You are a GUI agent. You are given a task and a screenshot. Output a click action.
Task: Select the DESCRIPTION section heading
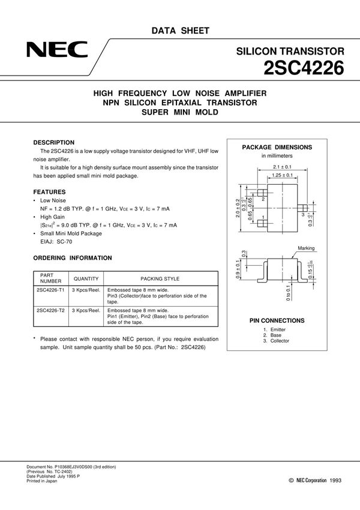pyautogui.click(x=53, y=142)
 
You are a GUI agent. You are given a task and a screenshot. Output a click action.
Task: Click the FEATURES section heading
pyautogui.click(x=49, y=192)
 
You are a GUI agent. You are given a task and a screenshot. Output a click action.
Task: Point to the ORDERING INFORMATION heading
pyautogui.click(x=72, y=258)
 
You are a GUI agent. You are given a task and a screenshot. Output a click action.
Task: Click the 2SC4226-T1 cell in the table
pyautogui.click(x=51, y=289)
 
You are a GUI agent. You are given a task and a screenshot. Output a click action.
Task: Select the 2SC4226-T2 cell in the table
pyautogui.click(x=51, y=310)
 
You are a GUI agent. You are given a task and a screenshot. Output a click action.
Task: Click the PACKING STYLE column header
pyautogui.click(x=160, y=278)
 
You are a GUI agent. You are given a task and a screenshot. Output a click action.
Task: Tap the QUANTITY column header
pyautogui.click(x=86, y=278)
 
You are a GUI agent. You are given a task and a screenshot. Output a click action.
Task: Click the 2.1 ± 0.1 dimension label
pyautogui.click(x=281, y=166)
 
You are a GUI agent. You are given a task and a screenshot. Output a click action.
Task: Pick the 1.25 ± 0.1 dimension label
pyautogui.click(x=281, y=175)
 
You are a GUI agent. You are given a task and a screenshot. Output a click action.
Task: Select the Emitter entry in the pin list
pyautogui.click(x=278, y=329)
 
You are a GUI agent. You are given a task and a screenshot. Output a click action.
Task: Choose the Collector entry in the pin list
pyautogui.click(x=280, y=341)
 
